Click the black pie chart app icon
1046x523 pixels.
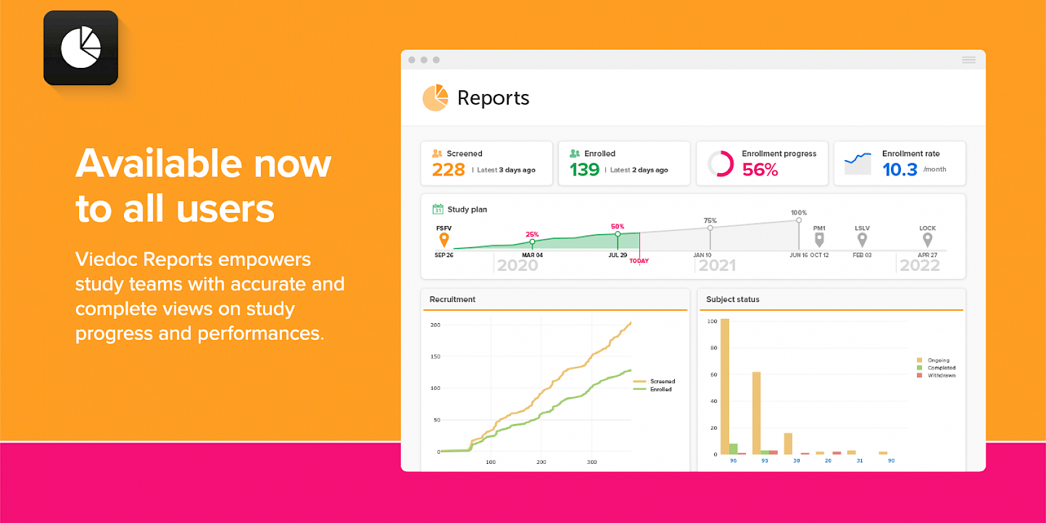pos(81,48)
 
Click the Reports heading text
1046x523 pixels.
pos(493,98)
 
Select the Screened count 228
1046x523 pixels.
pos(448,169)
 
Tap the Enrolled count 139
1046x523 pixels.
pos(584,169)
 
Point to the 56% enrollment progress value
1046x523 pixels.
pos(760,169)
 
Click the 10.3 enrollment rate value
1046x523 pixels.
pos(900,169)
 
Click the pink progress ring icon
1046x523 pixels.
pos(720,164)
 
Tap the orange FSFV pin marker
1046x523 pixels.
pos(444,239)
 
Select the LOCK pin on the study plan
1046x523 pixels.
pos(927,239)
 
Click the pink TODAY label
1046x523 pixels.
pos(639,261)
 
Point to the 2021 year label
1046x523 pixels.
pos(717,266)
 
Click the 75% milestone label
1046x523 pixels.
pos(710,220)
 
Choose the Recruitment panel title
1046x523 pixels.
pos(452,299)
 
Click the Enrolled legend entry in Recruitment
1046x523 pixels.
pos(661,390)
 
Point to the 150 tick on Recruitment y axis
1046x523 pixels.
pos(435,357)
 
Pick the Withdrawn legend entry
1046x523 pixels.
pos(941,375)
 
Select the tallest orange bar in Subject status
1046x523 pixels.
pos(725,386)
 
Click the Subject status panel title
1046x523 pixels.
pos(732,299)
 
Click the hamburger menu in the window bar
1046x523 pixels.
pos(968,60)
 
